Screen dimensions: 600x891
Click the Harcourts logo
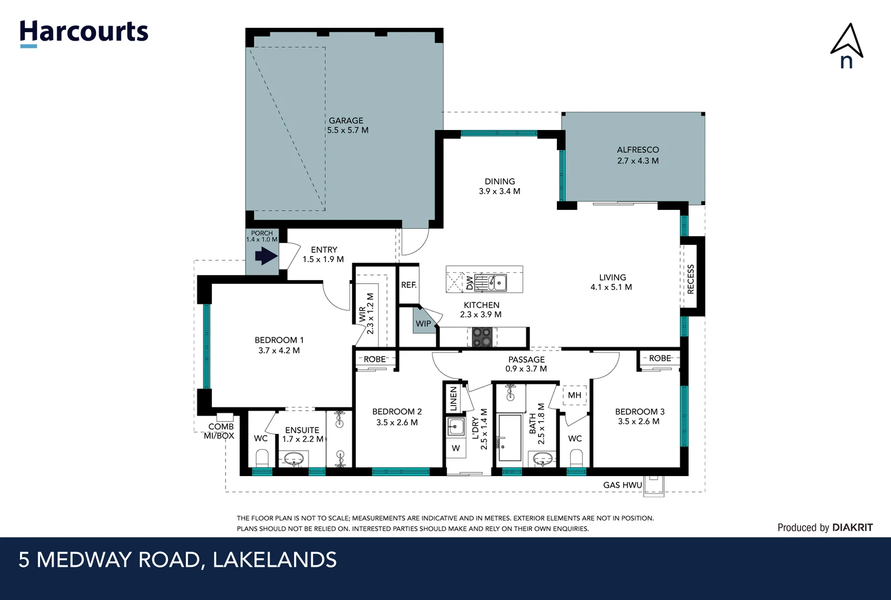click(84, 32)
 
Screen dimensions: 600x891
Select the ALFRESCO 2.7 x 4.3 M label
click(638, 155)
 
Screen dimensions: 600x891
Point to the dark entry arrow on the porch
click(266, 256)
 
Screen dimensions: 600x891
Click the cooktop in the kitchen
click(481, 337)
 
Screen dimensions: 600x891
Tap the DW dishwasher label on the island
click(470, 283)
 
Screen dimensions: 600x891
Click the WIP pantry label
click(423, 323)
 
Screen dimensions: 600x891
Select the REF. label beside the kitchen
click(409, 285)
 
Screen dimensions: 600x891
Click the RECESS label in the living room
click(691, 279)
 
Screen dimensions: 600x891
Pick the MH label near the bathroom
click(574, 395)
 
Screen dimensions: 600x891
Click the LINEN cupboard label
click(453, 398)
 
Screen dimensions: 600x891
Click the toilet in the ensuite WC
click(261, 459)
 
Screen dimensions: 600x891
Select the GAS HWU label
click(623, 485)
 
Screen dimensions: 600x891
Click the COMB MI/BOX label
click(220, 431)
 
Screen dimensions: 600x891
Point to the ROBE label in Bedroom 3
click(660, 358)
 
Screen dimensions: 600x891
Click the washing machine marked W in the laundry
click(456, 448)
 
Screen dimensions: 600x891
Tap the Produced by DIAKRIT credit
click(825, 527)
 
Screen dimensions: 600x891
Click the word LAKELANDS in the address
click(275, 559)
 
